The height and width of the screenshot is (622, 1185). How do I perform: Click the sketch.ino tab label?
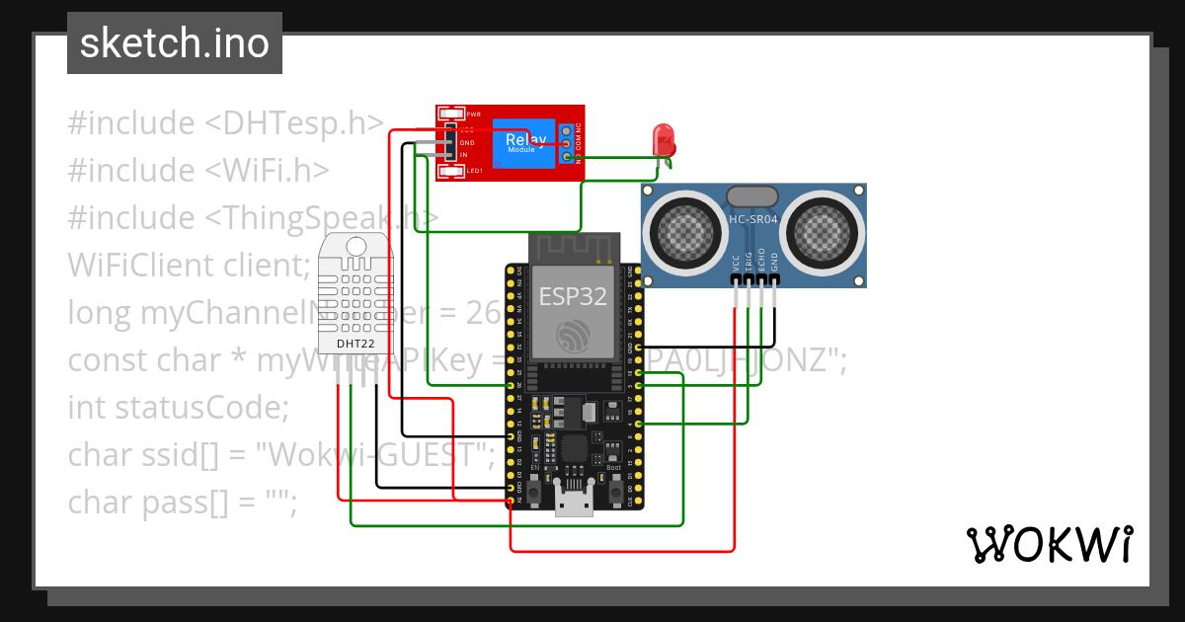pyautogui.click(x=175, y=43)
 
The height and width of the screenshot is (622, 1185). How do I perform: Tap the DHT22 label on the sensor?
pyautogui.click(x=355, y=344)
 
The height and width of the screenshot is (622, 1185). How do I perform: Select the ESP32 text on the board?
pyautogui.click(x=573, y=296)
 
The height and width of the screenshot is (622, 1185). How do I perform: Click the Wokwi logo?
pyautogui.click(x=1049, y=544)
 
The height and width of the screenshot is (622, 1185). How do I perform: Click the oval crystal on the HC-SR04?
pyautogui.click(x=752, y=196)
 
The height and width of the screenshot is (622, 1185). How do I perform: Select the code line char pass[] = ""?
pyautogui.click(x=183, y=502)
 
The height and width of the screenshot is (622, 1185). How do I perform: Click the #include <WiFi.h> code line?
pyautogui.click(x=197, y=171)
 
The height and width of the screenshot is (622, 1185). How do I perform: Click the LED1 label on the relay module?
pyautogui.click(x=474, y=171)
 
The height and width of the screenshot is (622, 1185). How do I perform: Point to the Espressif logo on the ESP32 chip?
pyautogui.click(x=573, y=336)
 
